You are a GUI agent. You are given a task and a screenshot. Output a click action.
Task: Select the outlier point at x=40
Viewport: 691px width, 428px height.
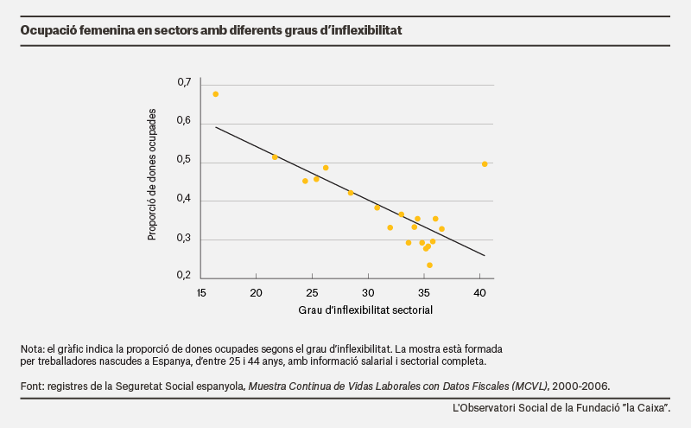pos(485,164)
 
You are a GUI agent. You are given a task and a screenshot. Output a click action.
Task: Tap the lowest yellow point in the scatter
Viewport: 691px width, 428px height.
pos(429,265)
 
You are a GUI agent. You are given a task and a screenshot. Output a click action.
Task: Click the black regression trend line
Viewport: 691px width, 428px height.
pos(350,191)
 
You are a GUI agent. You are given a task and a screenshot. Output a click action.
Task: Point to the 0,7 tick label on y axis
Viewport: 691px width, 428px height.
pos(184,82)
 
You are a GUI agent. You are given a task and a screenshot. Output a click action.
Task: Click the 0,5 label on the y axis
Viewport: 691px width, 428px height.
pos(184,159)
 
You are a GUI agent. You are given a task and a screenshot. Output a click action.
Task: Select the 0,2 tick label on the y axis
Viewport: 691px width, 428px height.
pos(184,275)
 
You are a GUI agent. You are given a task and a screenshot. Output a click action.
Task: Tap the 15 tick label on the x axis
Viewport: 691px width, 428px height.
pos(201,293)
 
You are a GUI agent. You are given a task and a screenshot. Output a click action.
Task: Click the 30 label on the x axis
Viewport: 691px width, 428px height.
pos(368,293)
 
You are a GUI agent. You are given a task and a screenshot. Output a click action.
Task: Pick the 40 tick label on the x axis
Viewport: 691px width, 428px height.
pos(479,293)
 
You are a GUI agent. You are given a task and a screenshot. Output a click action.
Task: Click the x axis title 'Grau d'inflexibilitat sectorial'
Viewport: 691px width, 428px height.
pos(365,310)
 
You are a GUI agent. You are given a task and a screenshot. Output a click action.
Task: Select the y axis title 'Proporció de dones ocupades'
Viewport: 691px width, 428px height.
pos(152,175)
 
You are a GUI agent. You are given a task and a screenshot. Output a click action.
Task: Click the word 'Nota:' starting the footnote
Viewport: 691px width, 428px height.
pos(33,349)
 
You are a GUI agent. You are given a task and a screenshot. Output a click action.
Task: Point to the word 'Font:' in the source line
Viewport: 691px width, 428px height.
pos(33,386)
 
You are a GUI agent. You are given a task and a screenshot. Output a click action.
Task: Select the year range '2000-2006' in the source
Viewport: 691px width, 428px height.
pos(580,386)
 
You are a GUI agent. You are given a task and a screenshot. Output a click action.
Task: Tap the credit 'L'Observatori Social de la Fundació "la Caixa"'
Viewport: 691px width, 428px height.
pos(561,408)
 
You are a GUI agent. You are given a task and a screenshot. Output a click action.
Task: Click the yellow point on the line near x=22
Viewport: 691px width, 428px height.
pos(275,157)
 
